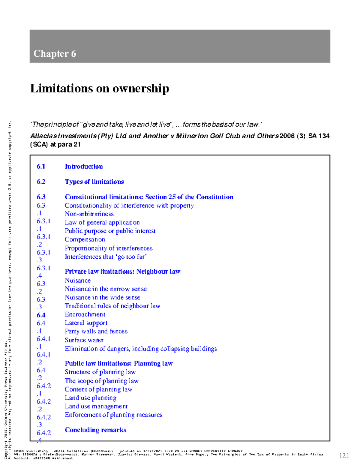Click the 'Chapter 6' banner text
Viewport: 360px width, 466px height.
tap(55, 54)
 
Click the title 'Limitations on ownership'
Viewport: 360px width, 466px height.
tap(100, 89)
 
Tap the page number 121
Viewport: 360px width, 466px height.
tap(344, 456)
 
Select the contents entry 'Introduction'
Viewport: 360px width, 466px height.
tap(84, 167)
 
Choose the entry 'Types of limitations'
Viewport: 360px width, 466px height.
tap(94, 182)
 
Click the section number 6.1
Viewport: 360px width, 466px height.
tap(41, 167)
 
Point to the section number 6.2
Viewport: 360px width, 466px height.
tap(41, 182)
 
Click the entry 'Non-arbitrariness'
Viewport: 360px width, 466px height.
tap(89, 214)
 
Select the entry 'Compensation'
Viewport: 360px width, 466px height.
tap(85, 239)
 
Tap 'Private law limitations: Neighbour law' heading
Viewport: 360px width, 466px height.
tap(122, 272)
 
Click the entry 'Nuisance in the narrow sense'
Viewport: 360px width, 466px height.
tap(106, 289)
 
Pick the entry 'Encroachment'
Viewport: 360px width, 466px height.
tap(85, 314)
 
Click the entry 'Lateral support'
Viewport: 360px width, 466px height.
tap(86, 323)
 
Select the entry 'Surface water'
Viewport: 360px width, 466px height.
tap(84, 340)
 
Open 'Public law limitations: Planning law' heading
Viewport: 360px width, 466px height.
tap(118, 363)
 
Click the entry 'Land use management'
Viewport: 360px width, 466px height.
tap(96, 406)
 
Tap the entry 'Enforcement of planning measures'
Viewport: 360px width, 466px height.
tap(113, 415)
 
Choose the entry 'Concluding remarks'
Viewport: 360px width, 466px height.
tap(95, 430)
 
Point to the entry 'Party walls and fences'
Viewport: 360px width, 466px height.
tap(96, 331)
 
